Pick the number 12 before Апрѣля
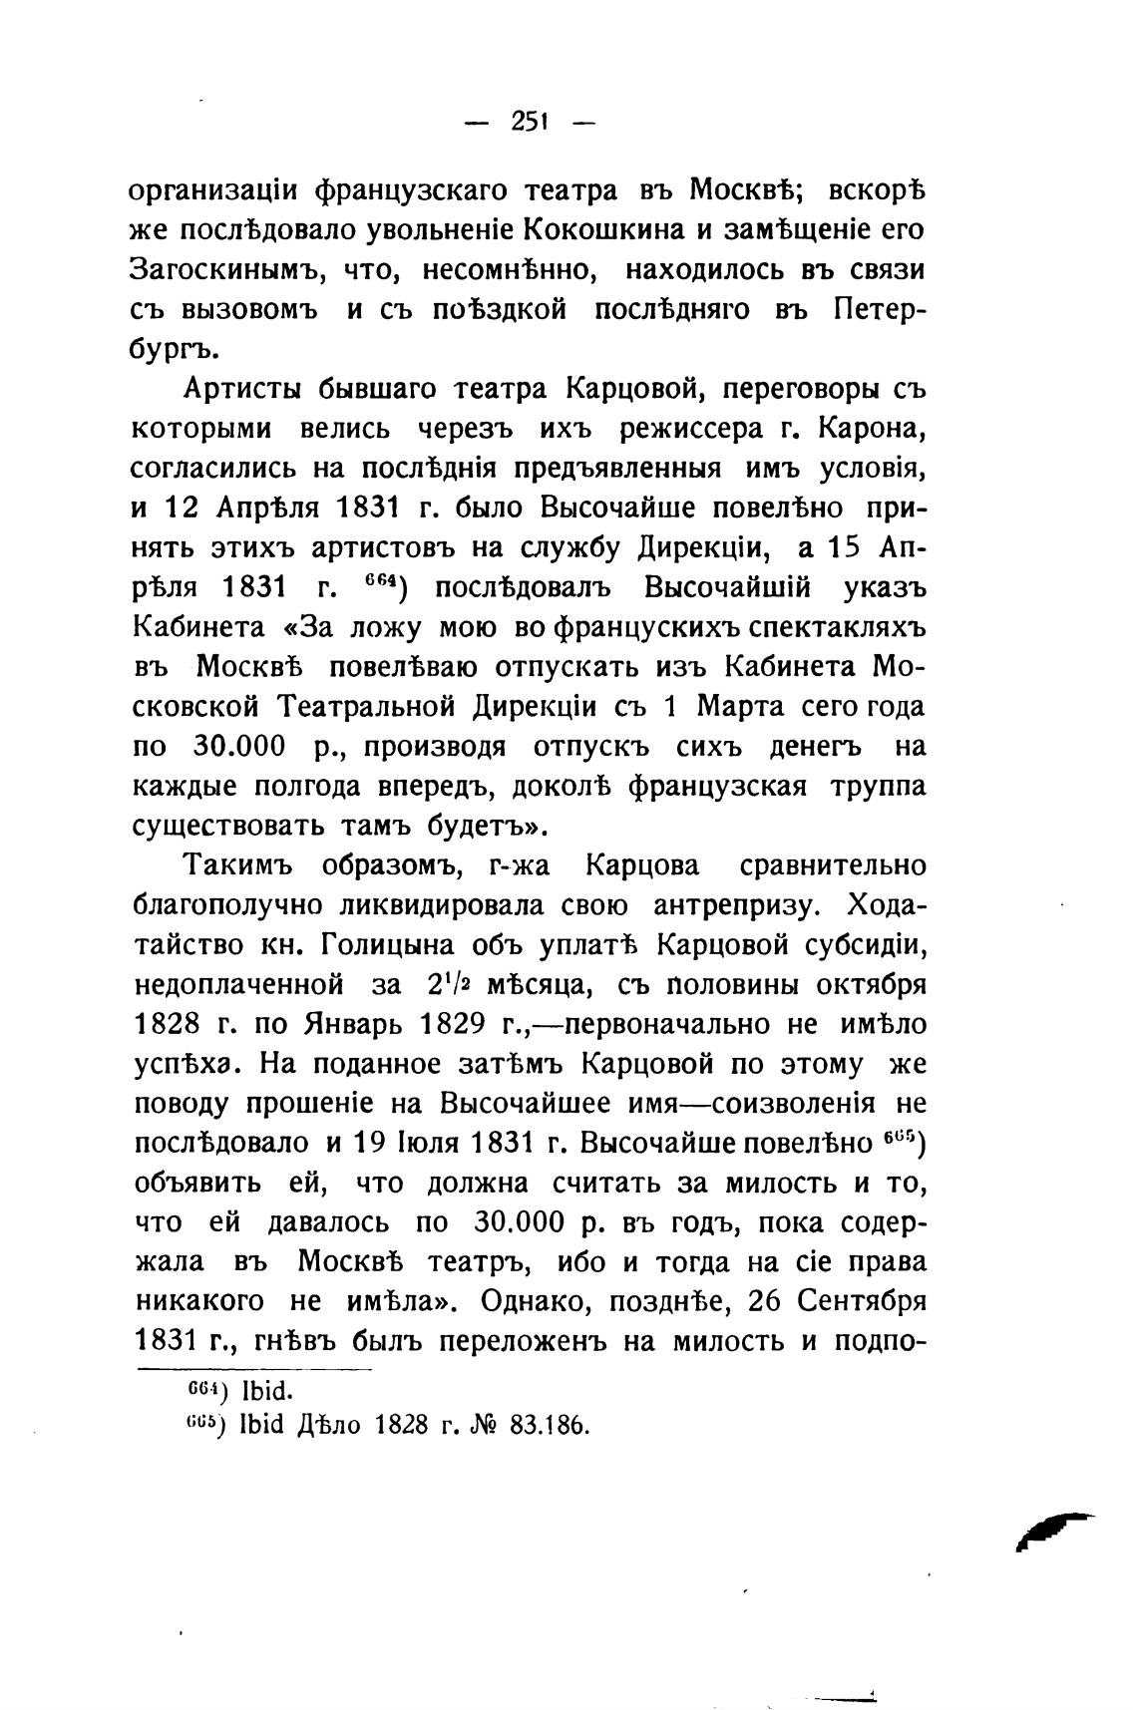point(183,509)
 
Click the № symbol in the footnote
point(485,1424)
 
